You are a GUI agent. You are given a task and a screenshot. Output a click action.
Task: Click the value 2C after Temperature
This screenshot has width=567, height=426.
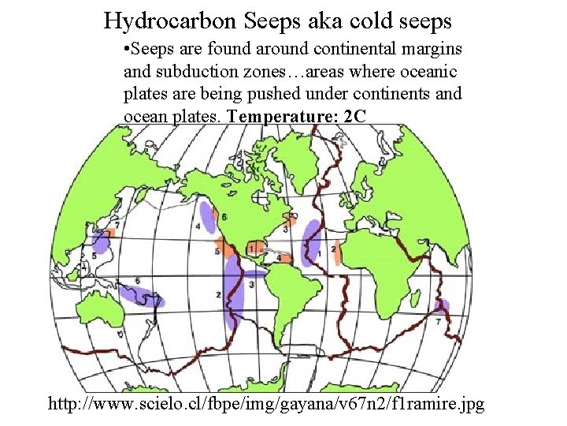tap(356, 116)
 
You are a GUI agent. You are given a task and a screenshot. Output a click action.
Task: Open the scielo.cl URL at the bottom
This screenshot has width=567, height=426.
tap(266, 405)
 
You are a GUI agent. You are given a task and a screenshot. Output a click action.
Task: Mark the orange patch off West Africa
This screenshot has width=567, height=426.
tap(336, 252)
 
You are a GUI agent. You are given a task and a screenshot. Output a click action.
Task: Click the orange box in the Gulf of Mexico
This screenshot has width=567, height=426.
tap(255, 248)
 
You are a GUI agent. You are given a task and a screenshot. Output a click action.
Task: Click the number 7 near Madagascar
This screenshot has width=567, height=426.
tap(438, 323)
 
